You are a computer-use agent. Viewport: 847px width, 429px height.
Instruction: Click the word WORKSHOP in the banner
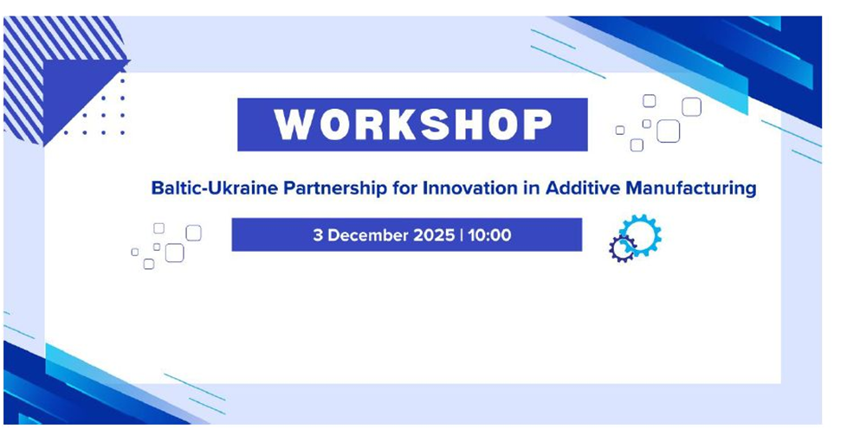[x=413, y=125]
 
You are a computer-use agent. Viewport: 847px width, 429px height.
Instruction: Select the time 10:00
[x=489, y=235]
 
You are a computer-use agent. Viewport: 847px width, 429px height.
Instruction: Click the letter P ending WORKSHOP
[x=538, y=125]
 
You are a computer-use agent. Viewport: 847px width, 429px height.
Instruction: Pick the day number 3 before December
[x=318, y=235]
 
